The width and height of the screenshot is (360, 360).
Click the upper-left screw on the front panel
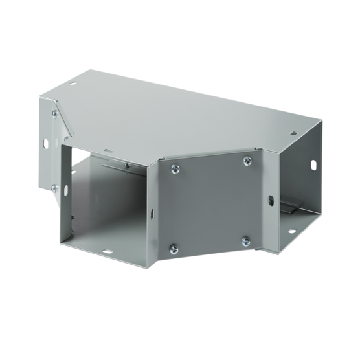pyautogui.click(x=174, y=170)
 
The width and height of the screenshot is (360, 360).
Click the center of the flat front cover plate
pyautogui.click(x=209, y=204)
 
